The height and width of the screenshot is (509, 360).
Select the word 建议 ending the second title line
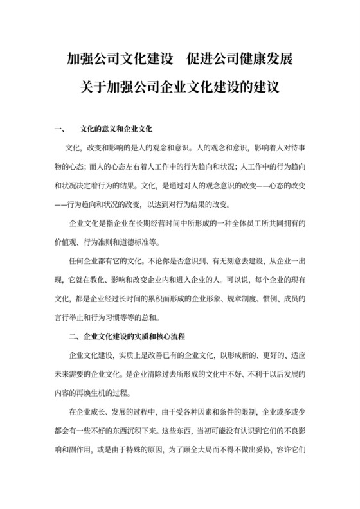266,86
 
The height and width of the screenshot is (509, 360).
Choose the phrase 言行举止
69,316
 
